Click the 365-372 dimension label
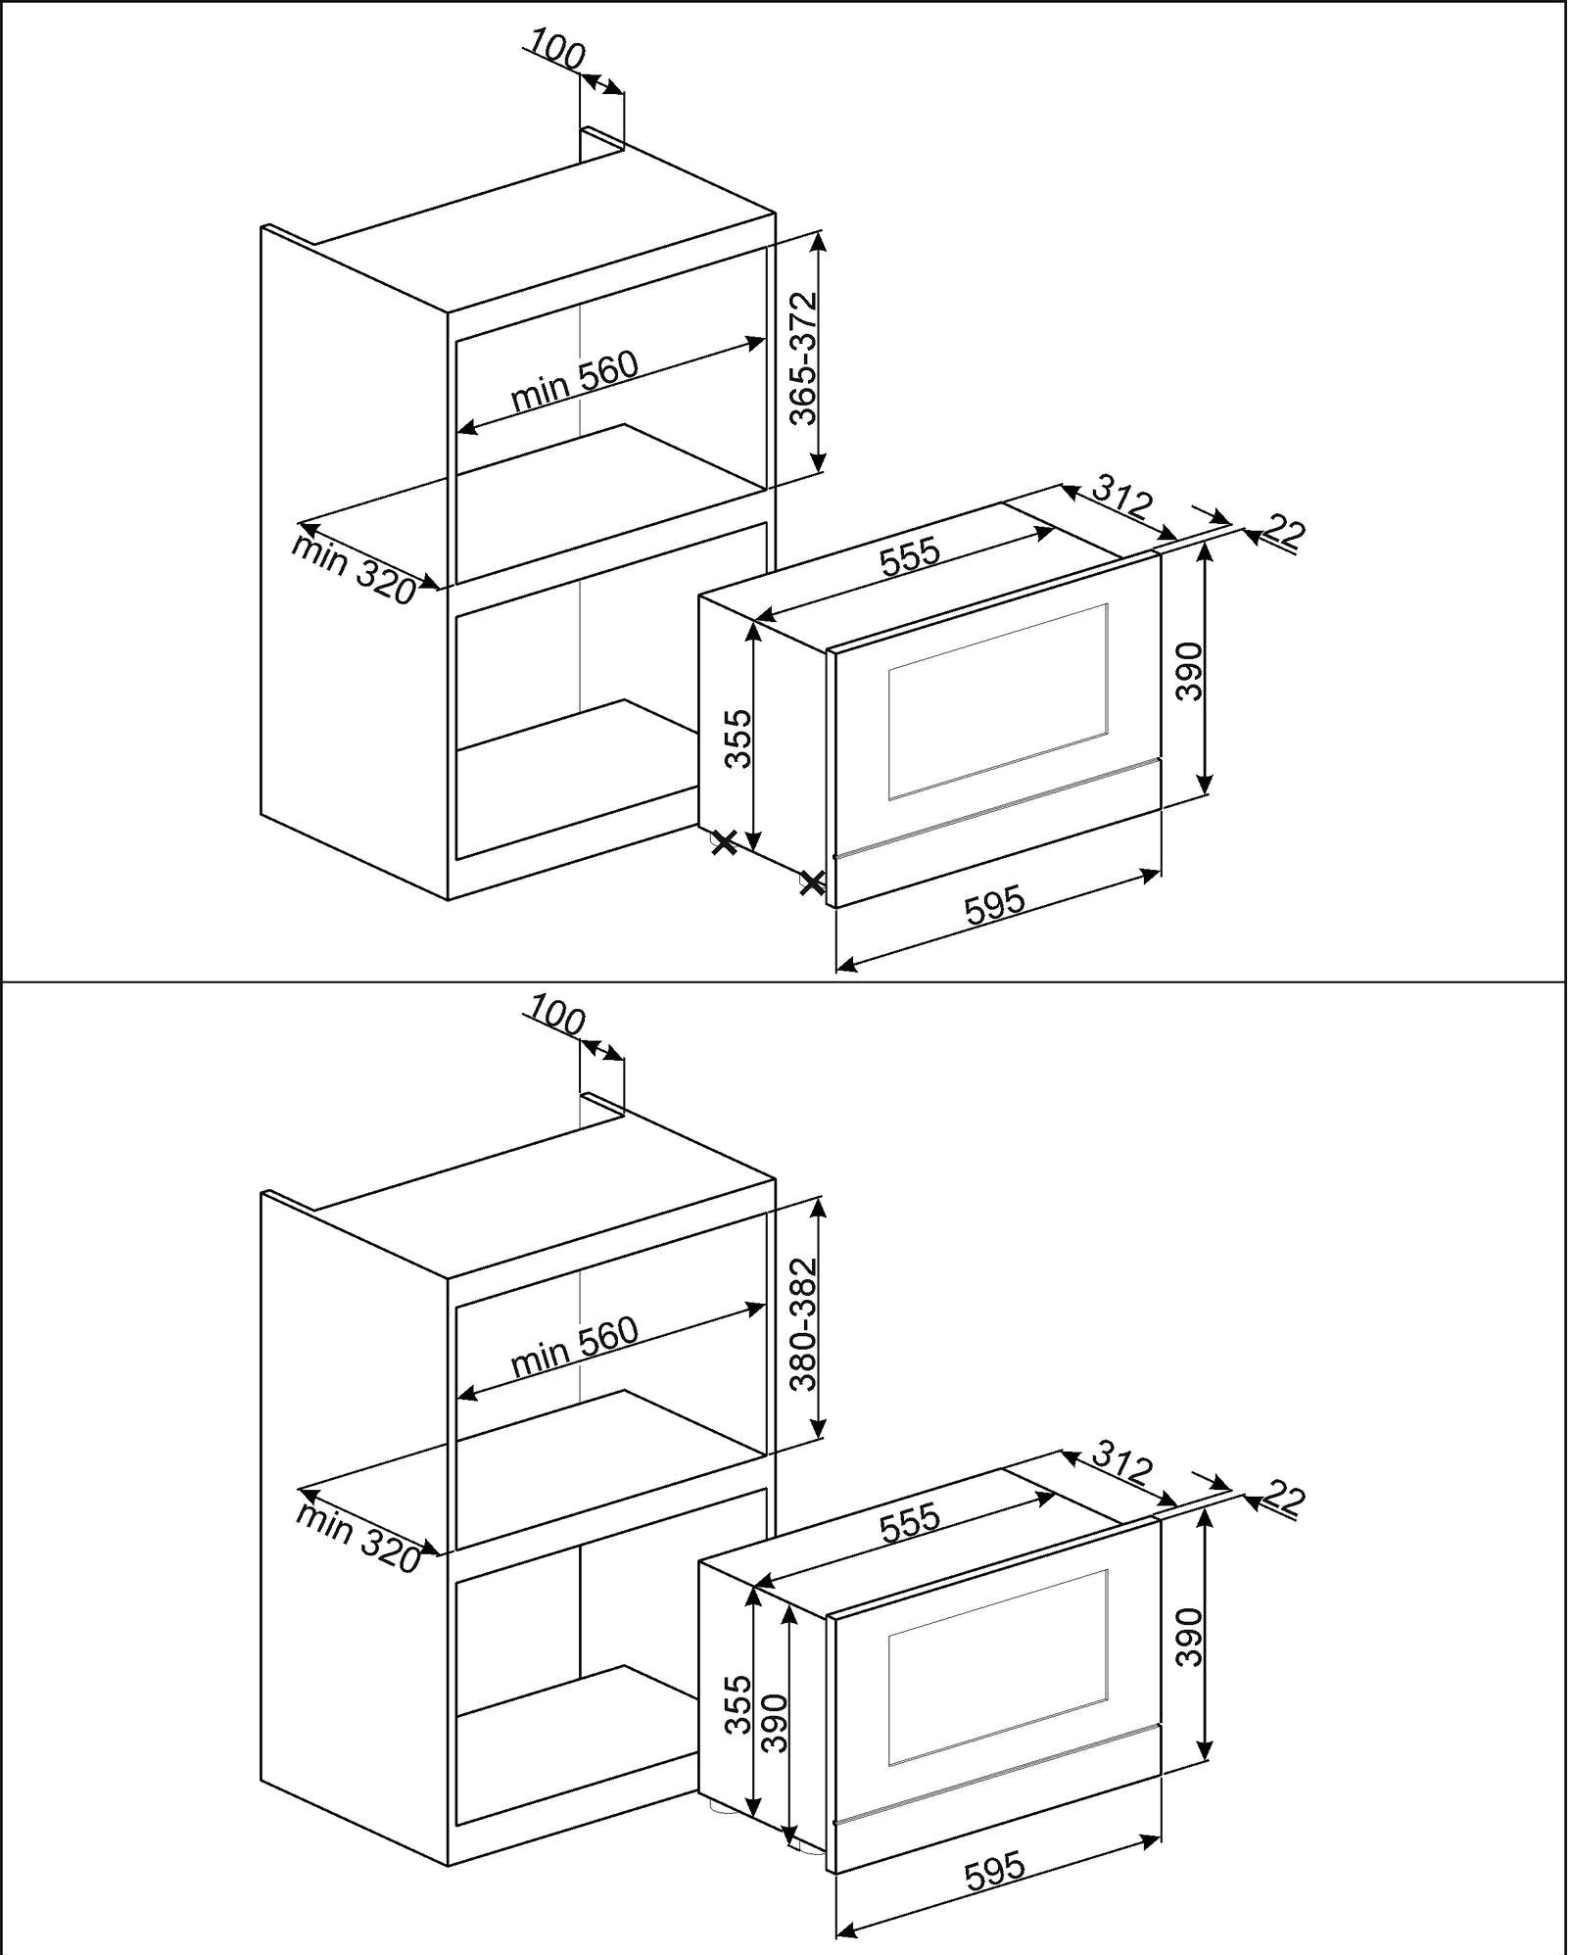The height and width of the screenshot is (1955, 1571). [803, 358]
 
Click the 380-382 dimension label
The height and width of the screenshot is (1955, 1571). [803, 1323]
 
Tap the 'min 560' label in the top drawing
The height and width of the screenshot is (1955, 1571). [574, 381]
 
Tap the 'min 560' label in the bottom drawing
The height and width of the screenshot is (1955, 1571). [574, 1347]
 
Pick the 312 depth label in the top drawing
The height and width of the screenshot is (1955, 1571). [1121, 498]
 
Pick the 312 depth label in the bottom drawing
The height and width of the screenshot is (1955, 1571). [1121, 1463]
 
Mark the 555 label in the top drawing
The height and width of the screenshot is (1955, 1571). [910, 556]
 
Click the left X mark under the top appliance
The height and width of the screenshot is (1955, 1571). [724, 842]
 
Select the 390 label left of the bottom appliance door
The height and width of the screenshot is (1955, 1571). [774, 1723]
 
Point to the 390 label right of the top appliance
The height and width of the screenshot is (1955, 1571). [1188, 671]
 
